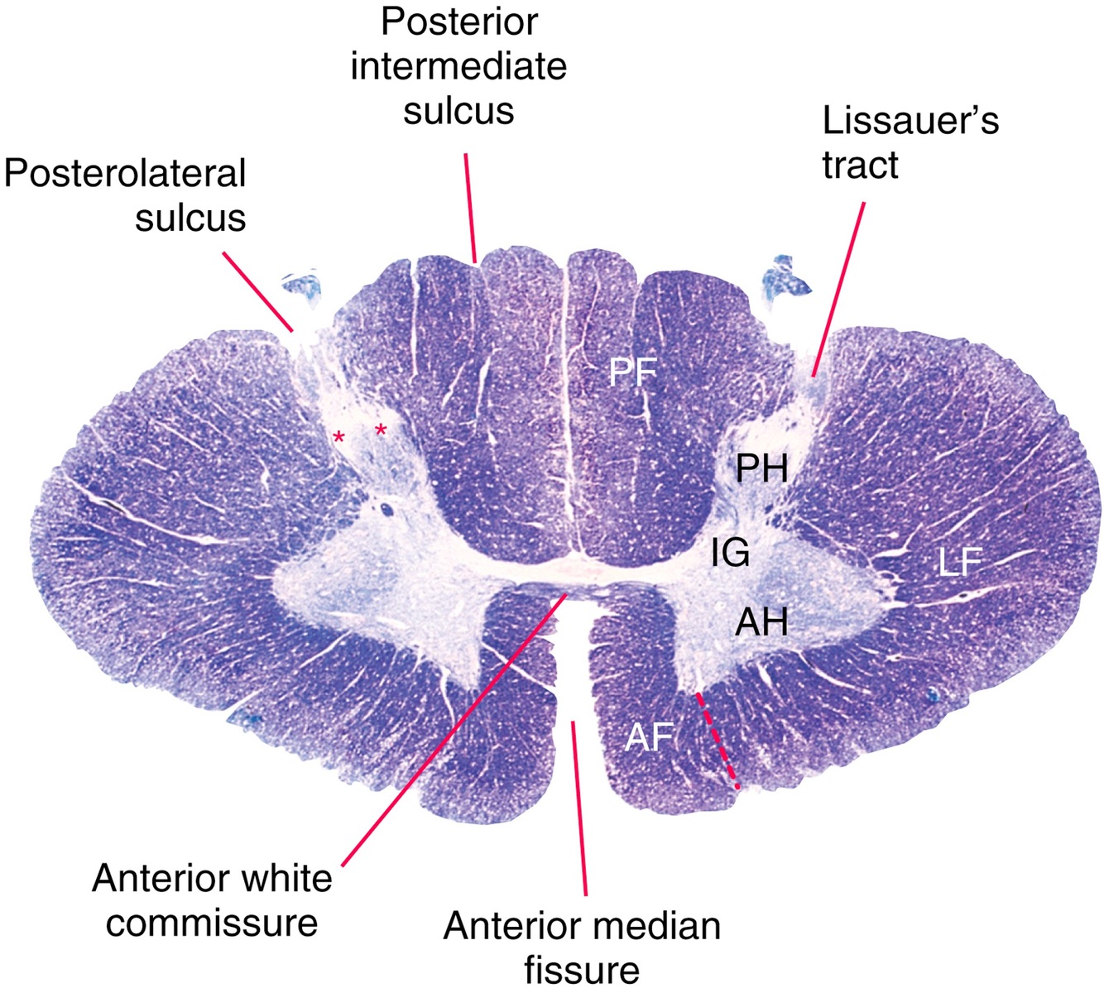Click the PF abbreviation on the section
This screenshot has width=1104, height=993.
point(633,373)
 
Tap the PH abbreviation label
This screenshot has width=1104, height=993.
point(762,470)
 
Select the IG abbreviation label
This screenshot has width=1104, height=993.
point(731,552)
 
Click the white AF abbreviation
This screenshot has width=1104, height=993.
point(648,736)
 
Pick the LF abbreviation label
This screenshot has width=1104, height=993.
point(960,564)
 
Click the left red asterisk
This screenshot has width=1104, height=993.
point(338,435)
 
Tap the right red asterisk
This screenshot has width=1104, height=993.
point(381,429)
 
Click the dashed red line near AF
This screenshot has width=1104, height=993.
point(718,739)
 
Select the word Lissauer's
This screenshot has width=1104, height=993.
point(910,121)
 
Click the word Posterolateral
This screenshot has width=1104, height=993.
point(126,174)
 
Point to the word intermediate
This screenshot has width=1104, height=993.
point(458,66)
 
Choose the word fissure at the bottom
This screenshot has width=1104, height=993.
point(582,970)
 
